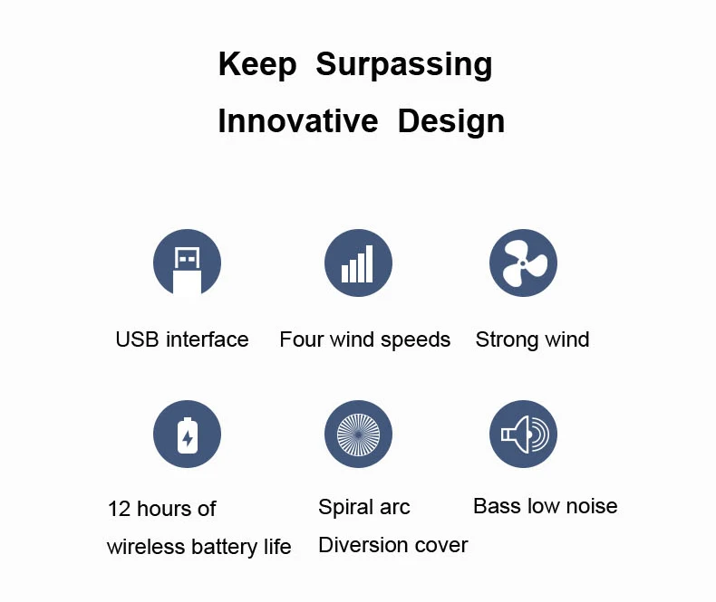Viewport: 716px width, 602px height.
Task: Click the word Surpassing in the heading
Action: click(404, 65)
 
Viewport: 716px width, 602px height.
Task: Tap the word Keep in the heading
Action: click(257, 65)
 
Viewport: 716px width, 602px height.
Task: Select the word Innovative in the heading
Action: click(297, 121)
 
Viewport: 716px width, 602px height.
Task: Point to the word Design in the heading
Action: click(450, 121)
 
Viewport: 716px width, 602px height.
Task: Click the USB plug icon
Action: click(187, 263)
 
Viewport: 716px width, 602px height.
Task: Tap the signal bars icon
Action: click(358, 263)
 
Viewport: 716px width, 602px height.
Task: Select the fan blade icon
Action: click(523, 263)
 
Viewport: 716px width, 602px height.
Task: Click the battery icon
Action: click(187, 435)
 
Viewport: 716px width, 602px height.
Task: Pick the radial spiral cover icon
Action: click(358, 435)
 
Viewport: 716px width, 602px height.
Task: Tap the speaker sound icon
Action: click(523, 435)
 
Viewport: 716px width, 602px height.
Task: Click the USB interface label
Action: click(181, 339)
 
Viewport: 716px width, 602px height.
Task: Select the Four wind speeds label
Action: click(364, 339)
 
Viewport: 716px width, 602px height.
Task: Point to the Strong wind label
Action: click(532, 339)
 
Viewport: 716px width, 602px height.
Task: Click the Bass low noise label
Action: click(545, 506)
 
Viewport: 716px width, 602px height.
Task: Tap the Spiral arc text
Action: click(363, 507)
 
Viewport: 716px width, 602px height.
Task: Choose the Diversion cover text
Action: click(392, 545)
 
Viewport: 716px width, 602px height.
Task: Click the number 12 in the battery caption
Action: click(120, 509)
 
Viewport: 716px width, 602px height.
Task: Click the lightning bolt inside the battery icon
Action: click(188, 439)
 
